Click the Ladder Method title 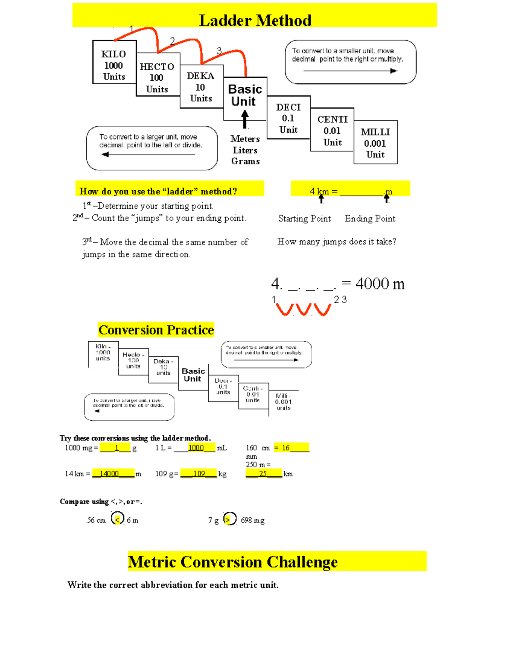pyautogui.click(x=255, y=20)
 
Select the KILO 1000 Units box pyautogui.click(x=114, y=65)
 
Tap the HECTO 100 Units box pyautogui.click(x=157, y=77)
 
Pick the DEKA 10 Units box pyautogui.click(x=201, y=87)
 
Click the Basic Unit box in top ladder pyautogui.click(x=245, y=95)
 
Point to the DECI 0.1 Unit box pyautogui.click(x=289, y=118)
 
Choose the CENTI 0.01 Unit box pyautogui.click(x=332, y=130)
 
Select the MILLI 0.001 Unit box pyautogui.click(x=375, y=143)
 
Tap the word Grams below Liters pyautogui.click(x=245, y=161)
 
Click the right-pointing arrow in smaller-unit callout pyautogui.click(x=350, y=71)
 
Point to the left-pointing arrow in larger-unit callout pyautogui.click(x=148, y=154)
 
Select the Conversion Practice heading pyautogui.click(x=156, y=330)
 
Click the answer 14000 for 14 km pyautogui.click(x=109, y=474)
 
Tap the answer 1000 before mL pyautogui.click(x=196, y=448)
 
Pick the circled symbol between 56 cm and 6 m pyautogui.click(x=118, y=519)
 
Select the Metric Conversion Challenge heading pyautogui.click(x=233, y=562)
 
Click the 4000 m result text pyautogui.click(x=380, y=283)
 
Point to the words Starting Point pyautogui.click(x=304, y=218)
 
